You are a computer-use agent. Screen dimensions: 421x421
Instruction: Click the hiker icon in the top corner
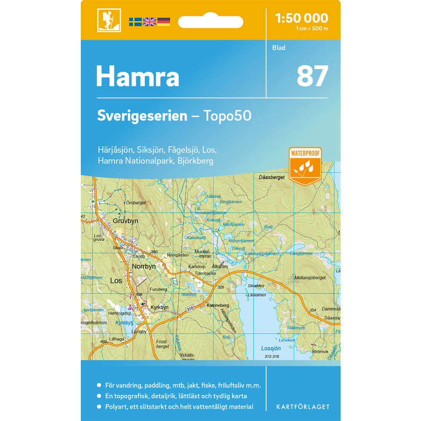point(109,20)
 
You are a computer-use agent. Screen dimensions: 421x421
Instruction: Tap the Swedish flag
point(135,22)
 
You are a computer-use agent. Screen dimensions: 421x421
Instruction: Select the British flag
point(149,22)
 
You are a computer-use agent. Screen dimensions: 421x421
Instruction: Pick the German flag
point(164,22)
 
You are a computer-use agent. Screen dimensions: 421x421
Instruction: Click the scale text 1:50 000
point(301,18)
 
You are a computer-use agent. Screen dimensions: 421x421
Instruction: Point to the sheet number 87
point(312,76)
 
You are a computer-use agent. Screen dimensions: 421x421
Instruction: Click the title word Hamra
point(138,77)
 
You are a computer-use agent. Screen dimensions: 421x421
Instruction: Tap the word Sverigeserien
point(142,116)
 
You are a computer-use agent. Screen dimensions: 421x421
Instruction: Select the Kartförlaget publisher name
point(303,407)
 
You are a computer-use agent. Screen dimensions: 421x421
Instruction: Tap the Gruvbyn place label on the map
point(125,221)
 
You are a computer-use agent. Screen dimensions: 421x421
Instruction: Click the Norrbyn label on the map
point(144,266)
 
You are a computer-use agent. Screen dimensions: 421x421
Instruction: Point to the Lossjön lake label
point(271,348)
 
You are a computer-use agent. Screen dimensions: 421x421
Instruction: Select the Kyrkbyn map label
point(160,307)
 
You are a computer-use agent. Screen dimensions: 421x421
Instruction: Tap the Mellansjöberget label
point(311,277)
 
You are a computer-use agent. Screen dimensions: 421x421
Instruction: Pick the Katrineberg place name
point(218,305)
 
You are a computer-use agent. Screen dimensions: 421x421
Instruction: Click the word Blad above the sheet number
point(279,48)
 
